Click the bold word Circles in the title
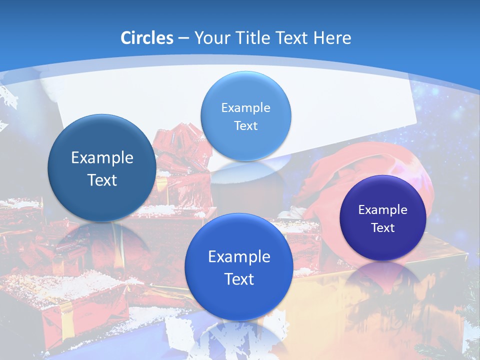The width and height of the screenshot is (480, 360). (146, 38)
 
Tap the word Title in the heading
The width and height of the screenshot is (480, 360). (251, 38)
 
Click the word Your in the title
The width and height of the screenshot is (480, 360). (211, 38)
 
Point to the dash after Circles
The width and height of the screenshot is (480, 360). (183, 38)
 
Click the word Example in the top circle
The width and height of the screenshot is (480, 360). (245, 107)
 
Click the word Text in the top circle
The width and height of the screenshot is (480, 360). (245, 125)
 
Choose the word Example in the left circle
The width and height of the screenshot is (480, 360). (102, 158)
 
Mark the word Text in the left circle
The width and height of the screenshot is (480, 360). (102, 180)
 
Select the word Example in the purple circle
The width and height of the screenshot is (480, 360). (383, 209)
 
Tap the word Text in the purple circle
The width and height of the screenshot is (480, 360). (383, 227)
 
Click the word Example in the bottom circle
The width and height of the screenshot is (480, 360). (239, 257)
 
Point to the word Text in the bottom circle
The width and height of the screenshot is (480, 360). (239, 279)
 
